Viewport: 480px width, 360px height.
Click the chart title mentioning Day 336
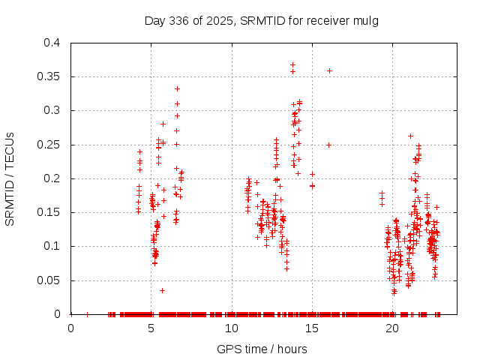point(261,20)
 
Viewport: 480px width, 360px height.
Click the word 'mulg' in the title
point(366,20)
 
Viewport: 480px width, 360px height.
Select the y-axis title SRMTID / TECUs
point(10,178)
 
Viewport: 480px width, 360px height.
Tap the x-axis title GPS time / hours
point(261,349)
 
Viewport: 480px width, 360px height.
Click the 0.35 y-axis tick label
point(52,76)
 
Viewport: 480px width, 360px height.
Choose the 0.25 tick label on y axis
point(52,145)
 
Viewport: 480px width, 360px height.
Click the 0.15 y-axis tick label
point(52,212)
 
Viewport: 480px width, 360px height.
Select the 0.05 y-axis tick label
point(52,280)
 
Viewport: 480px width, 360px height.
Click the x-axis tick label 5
point(151,327)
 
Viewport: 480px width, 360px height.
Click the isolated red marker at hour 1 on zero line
point(87,314)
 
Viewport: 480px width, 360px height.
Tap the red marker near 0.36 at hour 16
point(329,70)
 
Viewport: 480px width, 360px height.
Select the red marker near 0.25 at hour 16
point(328,145)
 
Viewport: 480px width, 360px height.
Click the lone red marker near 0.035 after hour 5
point(162,290)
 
